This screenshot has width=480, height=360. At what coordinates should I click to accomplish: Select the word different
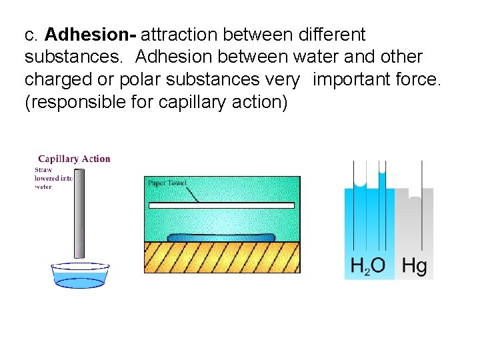coord(330,34)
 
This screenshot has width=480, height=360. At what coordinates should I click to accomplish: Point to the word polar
coord(139,80)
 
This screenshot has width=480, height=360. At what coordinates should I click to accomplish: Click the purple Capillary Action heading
coord(74,159)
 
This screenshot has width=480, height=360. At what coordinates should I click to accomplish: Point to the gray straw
coord(79,213)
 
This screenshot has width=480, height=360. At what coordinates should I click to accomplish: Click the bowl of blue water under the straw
coord(80,275)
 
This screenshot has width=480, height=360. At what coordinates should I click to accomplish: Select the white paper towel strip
coord(221,205)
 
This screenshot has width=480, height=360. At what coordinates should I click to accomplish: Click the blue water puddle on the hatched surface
coord(221,237)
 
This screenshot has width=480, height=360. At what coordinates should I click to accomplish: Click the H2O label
coord(368,266)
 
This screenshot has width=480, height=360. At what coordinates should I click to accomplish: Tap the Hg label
coord(415,266)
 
